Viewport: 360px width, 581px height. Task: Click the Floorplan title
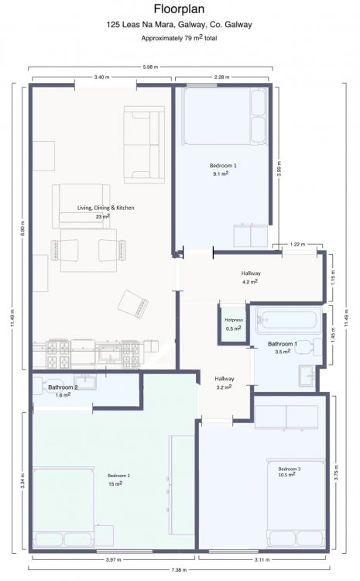[180, 9]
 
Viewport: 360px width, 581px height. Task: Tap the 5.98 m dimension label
[150, 67]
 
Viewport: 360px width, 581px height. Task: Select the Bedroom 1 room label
[223, 166]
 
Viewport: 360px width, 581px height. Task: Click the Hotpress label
[234, 320]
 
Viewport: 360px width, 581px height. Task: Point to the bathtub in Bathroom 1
[288, 319]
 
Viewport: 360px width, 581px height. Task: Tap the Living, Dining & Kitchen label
[105, 208]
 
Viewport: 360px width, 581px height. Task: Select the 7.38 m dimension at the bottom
[180, 569]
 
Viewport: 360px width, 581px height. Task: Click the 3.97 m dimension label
[113, 559]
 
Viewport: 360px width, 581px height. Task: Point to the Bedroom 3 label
[290, 469]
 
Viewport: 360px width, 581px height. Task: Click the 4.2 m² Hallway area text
[249, 282]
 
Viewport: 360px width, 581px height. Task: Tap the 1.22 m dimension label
[298, 244]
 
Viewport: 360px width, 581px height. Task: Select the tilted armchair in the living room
[133, 304]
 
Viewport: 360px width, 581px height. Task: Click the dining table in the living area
[88, 250]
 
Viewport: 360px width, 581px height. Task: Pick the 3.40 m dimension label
[101, 77]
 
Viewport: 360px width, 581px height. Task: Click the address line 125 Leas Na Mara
[180, 25]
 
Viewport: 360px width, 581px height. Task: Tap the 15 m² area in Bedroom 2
[115, 484]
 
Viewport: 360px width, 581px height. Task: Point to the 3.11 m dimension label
[262, 559]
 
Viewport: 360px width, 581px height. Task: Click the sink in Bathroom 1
[307, 376]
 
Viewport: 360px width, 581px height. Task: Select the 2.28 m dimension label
[222, 77]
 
